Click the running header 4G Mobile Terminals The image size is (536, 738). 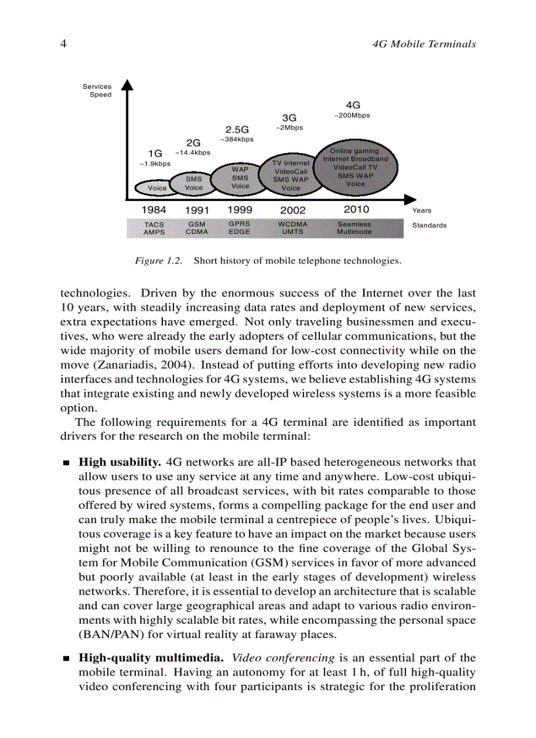[424, 44]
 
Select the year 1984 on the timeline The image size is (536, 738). [154, 210]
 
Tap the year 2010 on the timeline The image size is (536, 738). [356, 210]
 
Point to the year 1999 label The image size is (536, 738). [240, 210]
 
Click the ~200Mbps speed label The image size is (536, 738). [352, 116]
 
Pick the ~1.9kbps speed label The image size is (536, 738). [155, 164]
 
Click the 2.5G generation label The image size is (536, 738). [237, 129]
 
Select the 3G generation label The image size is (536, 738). [290, 118]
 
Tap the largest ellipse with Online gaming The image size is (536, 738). [355, 168]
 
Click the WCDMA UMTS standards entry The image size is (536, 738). [292, 228]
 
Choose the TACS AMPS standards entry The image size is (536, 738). [154, 228]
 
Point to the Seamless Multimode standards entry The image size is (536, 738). [354, 228]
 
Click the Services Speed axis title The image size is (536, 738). [97, 91]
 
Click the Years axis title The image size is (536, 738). [422, 211]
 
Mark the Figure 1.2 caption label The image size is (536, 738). [158, 261]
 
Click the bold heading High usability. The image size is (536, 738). [122, 463]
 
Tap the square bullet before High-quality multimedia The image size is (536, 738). [66, 658]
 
